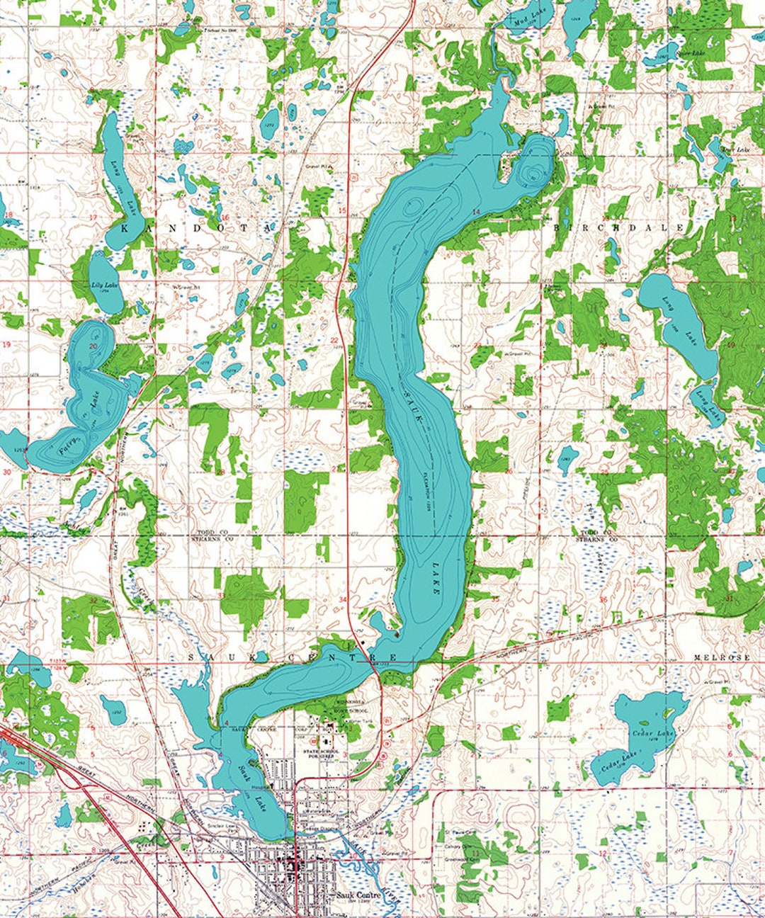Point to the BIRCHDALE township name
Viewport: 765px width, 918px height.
click(x=618, y=227)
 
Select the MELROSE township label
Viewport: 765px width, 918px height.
click(x=721, y=657)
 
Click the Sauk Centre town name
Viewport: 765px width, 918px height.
click(x=358, y=895)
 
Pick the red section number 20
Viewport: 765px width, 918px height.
click(x=93, y=346)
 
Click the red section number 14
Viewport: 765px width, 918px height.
click(x=476, y=212)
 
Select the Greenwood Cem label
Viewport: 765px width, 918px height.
click(x=458, y=861)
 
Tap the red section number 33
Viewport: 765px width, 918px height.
click(x=221, y=596)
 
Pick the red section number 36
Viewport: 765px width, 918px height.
click(x=603, y=600)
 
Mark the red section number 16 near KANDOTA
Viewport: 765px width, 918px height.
click(x=225, y=217)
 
